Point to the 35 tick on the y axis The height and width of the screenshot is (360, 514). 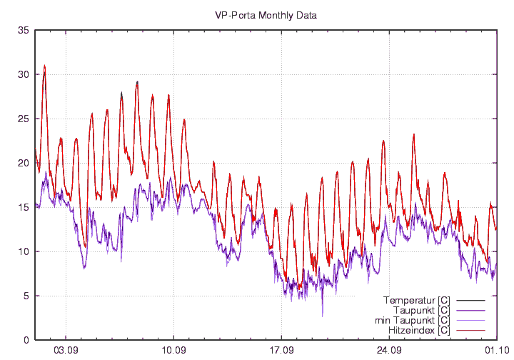click(x=24, y=30)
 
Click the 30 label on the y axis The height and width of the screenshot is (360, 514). click(x=24, y=74)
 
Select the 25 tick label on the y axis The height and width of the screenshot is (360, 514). click(x=24, y=119)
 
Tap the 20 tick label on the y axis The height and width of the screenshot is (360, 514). click(x=24, y=163)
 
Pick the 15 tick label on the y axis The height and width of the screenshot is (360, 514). click(x=24, y=207)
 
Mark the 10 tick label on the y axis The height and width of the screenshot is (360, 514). click(x=24, y=251)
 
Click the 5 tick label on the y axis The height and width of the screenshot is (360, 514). click(x=26, y=296)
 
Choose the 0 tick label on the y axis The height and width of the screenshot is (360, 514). click(x=26, y=340)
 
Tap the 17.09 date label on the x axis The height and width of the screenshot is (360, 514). click(x=281, y=351)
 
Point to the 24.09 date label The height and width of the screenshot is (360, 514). click(x=389, y=351)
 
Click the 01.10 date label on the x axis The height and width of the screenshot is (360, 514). click(x=496, y=351)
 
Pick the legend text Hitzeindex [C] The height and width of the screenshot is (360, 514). click(x=418, y=331)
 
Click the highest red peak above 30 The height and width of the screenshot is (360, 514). click(x=44, y=65)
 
